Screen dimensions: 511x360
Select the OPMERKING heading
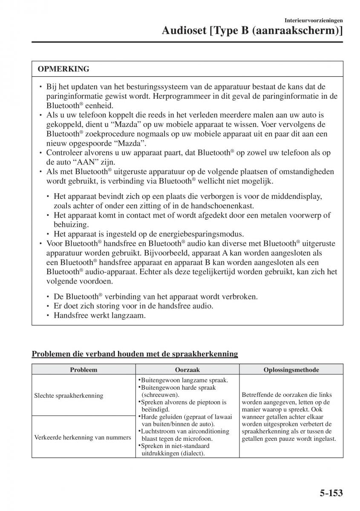coord(63,69)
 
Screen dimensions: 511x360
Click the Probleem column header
coord(84,370)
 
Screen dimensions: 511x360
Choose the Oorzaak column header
coord(187,370)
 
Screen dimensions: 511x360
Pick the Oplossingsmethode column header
coord(291,370)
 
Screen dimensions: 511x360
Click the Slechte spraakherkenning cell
coord(69,396)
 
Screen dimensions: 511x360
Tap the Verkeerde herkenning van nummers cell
coord(83,437)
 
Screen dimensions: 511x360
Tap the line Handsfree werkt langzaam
coord(100,316)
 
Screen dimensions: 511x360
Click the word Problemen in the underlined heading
coord(49,353)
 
